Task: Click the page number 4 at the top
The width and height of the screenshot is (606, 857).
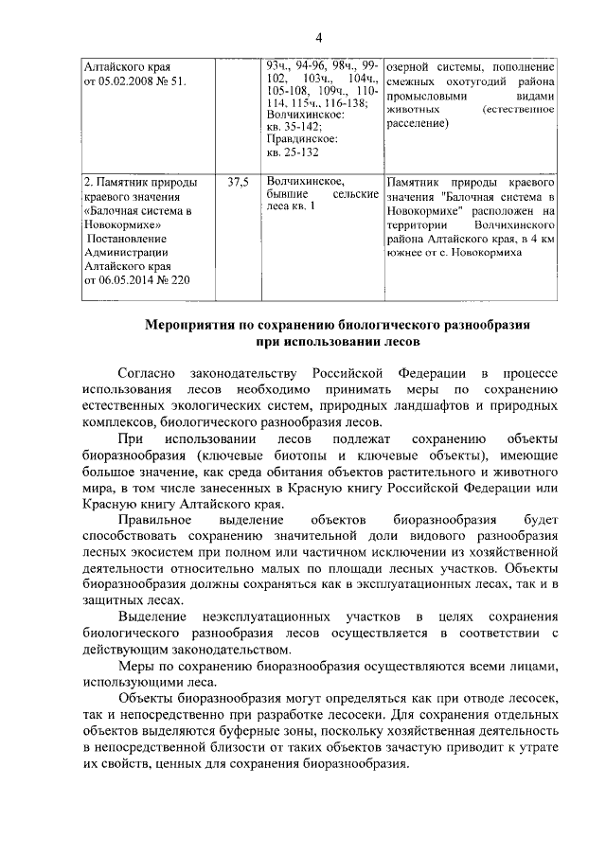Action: click(x=319, y=37)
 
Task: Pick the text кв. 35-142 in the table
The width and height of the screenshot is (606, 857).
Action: click(x=294, y=126)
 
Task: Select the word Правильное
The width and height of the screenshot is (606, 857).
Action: click(x=156, y=522)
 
